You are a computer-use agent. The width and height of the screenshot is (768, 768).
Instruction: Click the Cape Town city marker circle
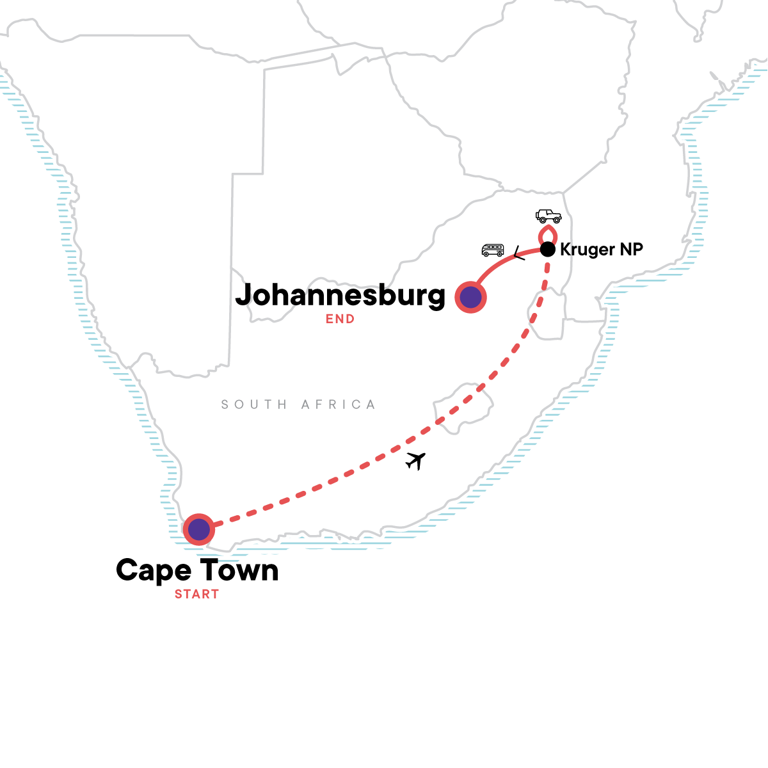click(x=199, y=529)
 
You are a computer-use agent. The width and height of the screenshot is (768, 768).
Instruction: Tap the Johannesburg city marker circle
click(x=470, y=297)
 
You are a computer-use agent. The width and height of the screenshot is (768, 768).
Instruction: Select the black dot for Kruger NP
click(x=547, y=249)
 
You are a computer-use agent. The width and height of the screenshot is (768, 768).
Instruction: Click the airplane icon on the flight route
click(x=416, y=460)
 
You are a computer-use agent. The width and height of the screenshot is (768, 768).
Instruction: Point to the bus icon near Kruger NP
click(x=493, y=250)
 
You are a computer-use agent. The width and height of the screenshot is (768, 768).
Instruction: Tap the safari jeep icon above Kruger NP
click(x=548, y=216)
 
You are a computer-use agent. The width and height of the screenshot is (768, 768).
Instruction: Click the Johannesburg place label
click(x=340, y=295)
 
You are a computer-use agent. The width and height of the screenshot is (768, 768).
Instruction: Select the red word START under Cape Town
click(x=196, y=594)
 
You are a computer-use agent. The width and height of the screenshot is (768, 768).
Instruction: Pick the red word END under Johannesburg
click(x=340, y=319)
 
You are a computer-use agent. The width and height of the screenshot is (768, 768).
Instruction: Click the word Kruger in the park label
click(x=588, y=250)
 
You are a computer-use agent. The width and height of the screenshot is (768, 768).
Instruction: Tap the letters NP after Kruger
click(x=631, y=249)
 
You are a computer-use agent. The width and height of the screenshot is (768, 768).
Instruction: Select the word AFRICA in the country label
click(x=339, y=404)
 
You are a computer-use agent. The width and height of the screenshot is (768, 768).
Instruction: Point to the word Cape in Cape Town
click(x=154, y=570)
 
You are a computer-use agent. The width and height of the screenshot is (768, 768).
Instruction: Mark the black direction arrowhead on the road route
click(x=519, y=254)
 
